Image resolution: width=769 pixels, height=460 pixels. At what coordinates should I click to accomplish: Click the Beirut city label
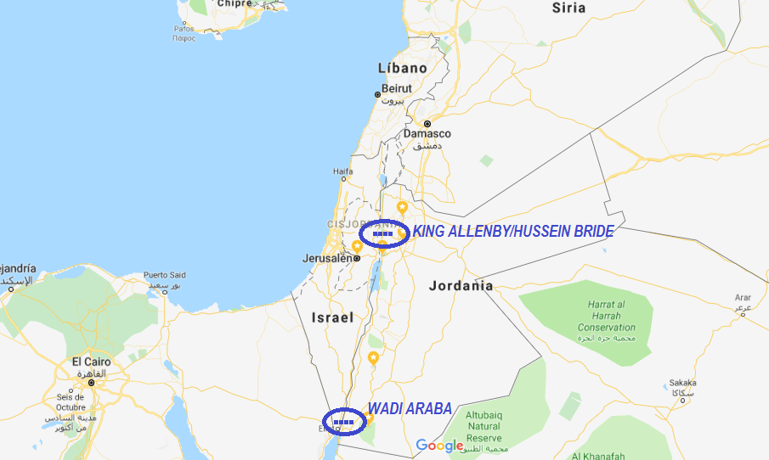pyautogui.click(x=396, y=88)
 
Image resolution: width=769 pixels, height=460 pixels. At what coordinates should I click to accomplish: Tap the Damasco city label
pyautogui.click(x=427, y=134)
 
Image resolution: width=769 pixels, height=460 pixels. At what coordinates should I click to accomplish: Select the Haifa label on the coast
pyautogui.click(x=342, y=171)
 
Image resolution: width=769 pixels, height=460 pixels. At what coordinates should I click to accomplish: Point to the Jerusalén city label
pyautogui.click(x=327, y=258)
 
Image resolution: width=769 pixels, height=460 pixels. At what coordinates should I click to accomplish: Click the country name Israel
pyautogui.click(x=331, y=318)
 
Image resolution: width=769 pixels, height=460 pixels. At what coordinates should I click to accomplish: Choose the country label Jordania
pyautogui.click(x=461, y=286)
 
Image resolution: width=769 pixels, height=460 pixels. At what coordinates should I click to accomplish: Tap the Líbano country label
pyautogui.click(x=402, y=68)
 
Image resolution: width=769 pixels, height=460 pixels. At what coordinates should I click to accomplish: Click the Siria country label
pyautogui.click(x=568, y=8)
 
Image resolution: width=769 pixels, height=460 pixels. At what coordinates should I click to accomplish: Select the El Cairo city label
pyautogui.click(x=90, y=362)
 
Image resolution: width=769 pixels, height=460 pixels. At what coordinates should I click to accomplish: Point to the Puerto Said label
pyautogui.click(x=165, y=275)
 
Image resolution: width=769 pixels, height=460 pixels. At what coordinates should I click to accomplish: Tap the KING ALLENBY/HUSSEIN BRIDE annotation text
pyautogui.click(x=512, y=231)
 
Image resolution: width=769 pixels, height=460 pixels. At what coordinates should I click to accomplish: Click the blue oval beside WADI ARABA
pyautogui.click(x=344, y=421)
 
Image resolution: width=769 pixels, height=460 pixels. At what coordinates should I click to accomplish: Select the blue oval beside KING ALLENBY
pyautogui.click(x=384, y=233)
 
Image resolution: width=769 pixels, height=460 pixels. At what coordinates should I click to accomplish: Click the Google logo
pyautogui.click(x=440, y=446)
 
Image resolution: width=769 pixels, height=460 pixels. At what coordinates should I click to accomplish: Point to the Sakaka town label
pyautogui.click(x=682, y=383)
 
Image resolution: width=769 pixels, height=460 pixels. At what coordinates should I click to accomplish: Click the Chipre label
pyautogui.click(x=235, y=4)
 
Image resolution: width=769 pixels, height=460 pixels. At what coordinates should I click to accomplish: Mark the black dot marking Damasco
pyautogui.click(x=427, y=124)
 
